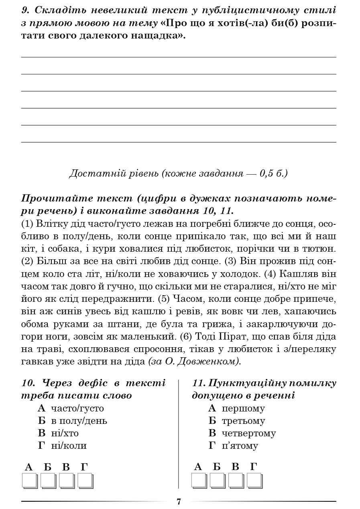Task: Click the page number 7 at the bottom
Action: tap(179, 501)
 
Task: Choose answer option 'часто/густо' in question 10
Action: tap(77, 409)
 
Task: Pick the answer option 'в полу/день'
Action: tap(79, 421)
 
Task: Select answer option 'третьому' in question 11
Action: tap(243, 421)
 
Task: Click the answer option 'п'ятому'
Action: tap(240, 446)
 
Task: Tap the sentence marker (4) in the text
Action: tap(271, 274)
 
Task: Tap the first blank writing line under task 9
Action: tap(179, 57)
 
